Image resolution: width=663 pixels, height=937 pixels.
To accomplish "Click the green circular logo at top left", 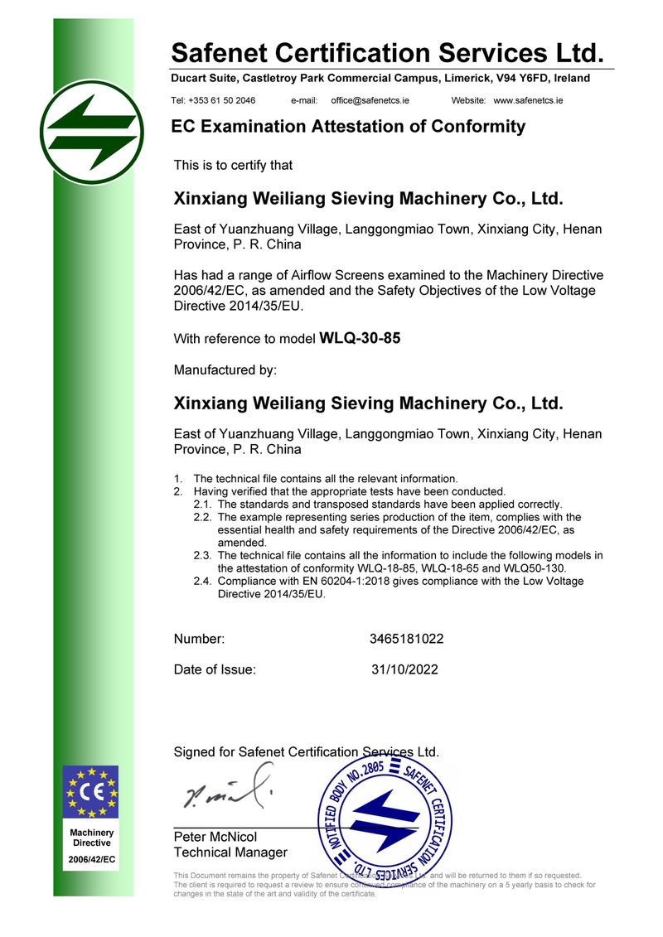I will [x=91, y=133].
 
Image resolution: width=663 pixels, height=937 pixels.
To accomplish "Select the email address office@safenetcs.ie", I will [x=370, y=100].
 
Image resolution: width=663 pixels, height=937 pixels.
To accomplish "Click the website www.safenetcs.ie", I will [x=528, y=100].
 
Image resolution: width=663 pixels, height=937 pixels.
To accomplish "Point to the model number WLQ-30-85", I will [x=360, y=338].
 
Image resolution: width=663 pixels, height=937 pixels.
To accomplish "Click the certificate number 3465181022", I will [x=406, y=639].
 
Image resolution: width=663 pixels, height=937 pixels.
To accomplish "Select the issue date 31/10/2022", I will [x=404, y=669].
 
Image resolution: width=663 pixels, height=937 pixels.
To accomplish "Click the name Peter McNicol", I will [x=215, y=837].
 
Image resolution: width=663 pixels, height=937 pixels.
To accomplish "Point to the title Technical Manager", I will [x=230, y=852].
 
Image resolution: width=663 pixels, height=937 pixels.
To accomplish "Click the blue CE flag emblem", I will [x=91, y=791].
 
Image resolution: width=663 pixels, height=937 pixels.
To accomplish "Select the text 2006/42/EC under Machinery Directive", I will [x=91, y=860].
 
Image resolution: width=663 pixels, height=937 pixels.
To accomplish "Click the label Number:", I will [x=199, y=639].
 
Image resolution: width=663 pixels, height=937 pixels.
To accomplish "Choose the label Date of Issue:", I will [x=215, y=669].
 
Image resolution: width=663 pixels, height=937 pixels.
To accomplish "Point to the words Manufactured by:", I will [x=225, y=369].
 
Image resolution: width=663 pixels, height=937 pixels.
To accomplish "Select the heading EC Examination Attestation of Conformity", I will [x=348, y=127].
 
